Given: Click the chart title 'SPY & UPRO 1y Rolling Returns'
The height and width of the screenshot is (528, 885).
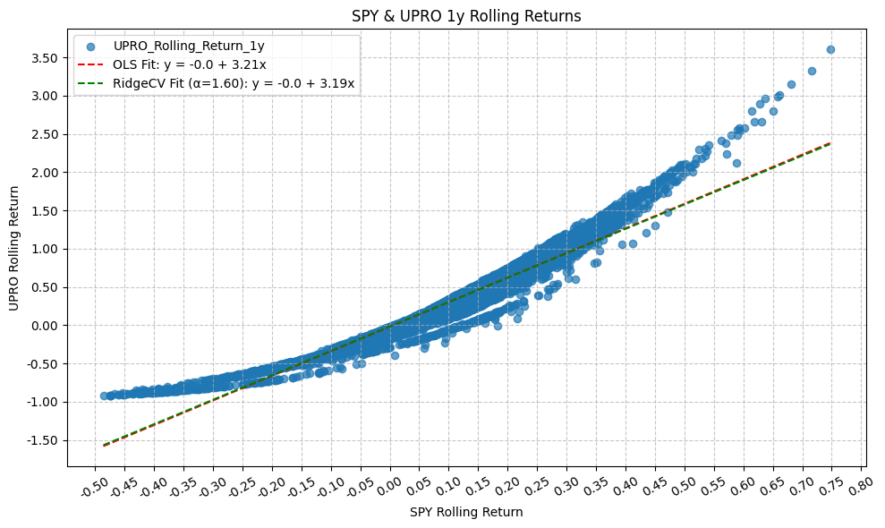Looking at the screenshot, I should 466,15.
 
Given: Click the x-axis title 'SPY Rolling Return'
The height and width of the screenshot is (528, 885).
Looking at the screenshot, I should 466,512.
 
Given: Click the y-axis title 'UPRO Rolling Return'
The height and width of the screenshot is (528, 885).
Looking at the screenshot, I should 13,248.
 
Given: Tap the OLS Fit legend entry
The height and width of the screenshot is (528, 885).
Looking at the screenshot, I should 189,64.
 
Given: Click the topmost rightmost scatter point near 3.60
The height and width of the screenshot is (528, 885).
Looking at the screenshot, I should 830,50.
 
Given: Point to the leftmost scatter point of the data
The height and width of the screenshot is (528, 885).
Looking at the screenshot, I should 104,396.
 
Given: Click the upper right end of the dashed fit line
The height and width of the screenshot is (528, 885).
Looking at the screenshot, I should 830,143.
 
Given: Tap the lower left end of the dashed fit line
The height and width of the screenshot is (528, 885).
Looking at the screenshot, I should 104,445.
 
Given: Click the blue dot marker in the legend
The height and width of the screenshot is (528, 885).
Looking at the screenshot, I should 90,46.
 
